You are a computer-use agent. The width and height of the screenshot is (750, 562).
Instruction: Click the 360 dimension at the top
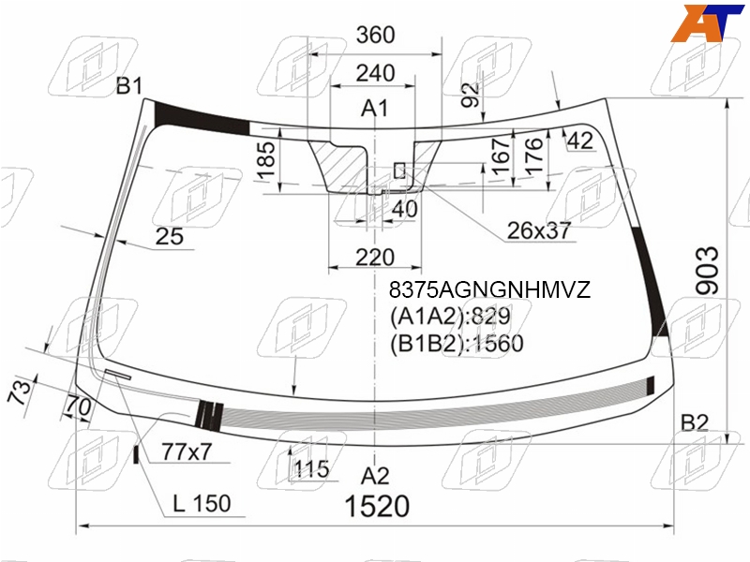pos(376,35)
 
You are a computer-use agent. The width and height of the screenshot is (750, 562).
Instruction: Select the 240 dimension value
pos(376,73)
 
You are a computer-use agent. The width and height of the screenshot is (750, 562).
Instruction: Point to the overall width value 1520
pos(377,506)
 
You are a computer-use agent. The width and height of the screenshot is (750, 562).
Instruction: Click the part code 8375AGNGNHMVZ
pos(489,289)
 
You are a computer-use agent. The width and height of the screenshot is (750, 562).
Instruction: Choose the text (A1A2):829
pos(450,317)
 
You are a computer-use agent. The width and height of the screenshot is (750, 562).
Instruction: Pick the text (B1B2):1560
pos(457,344)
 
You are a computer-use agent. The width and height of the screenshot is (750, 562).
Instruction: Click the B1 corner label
pos(129,86)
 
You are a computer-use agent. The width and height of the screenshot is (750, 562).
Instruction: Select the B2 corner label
pos(694,423)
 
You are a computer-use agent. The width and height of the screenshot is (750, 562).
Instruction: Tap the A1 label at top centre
pos(374,109)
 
